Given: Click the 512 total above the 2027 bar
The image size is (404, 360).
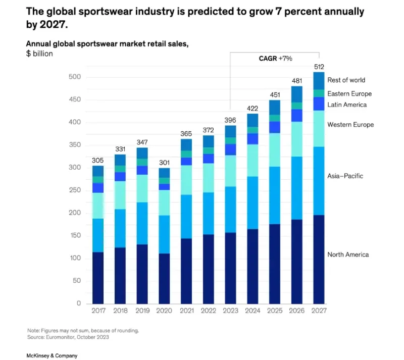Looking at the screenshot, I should coord(319,66).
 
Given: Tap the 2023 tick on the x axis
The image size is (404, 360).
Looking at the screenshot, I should coord(230,312).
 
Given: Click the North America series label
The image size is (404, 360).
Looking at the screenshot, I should coord(348,254).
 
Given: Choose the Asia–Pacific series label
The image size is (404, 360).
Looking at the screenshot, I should coord(345,176).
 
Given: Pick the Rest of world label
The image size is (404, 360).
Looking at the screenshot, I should coord(346,80).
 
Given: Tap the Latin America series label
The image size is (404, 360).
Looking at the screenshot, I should coord(347,105).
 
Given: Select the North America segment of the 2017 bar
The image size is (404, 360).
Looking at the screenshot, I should coord(98,278).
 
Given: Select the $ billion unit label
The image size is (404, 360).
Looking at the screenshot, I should coord(39,53).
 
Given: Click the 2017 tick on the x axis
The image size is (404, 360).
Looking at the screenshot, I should coord(98,312).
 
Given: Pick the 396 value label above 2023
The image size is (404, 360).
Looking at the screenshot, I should coord(230,120).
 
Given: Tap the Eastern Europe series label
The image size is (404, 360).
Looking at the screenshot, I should coord(349,94).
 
